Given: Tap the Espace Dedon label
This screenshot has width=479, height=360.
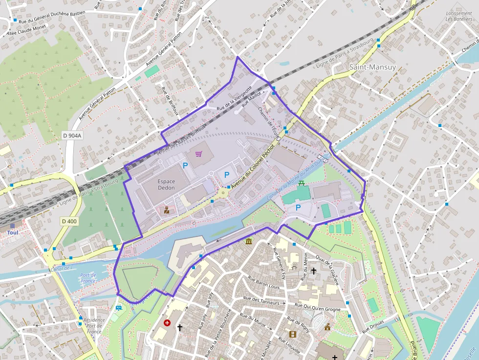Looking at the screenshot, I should [166, 184].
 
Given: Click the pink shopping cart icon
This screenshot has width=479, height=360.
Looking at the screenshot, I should [198, 154].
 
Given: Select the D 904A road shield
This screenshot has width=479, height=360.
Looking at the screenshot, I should [72, 135].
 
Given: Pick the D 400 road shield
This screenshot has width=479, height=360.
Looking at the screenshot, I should [69, 221].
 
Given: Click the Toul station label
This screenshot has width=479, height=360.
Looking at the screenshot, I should [12, 233].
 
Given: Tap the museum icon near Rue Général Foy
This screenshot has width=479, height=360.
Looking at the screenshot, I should [249, 241].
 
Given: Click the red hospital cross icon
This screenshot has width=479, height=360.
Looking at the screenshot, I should [167, 323].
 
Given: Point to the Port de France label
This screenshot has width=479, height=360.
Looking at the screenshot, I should [88, 277].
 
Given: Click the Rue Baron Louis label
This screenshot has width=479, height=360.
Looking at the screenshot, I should [264, 283].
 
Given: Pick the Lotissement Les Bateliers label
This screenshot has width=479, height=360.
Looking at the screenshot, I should [458, 16].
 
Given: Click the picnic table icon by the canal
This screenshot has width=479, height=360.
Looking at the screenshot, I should [302, 183].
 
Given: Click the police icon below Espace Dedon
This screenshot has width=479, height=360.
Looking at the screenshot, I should [166, 211].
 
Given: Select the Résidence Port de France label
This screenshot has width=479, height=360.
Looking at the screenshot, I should [94, 326].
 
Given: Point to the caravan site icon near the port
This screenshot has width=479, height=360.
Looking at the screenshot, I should [118, 308].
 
